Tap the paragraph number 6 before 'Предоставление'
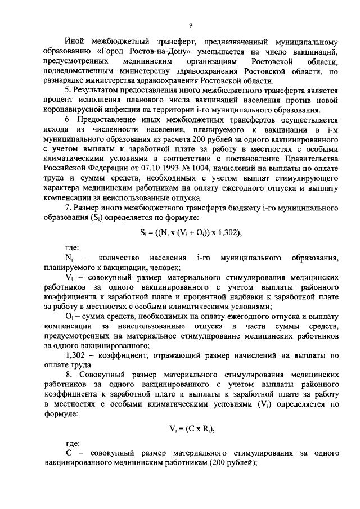tap(67, 119)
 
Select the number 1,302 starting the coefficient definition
tap(76, 355)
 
